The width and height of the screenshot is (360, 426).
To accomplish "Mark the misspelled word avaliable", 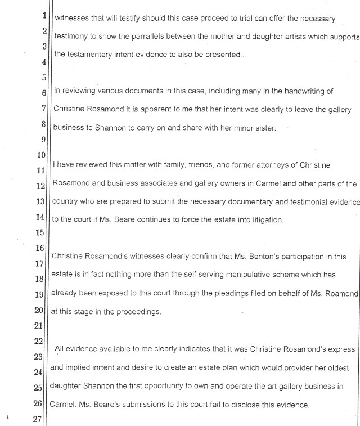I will (x=104, y=349).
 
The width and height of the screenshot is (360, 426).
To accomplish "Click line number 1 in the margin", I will (x=43, y=16).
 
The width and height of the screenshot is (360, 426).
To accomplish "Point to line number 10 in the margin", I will (x=41, y=155).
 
